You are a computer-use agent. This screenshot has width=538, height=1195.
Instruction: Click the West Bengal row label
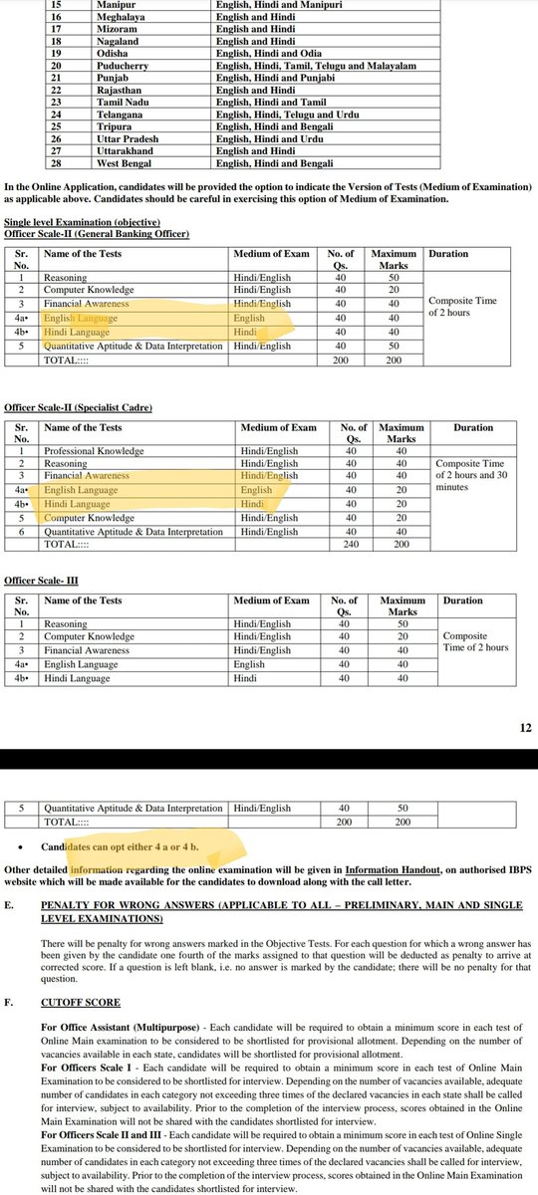[124, 161]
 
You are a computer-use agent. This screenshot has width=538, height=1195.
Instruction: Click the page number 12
[525, 728]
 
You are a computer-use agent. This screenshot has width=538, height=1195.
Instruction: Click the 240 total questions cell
[349, 546]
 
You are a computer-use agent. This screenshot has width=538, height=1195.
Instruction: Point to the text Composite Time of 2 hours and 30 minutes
[472, 476]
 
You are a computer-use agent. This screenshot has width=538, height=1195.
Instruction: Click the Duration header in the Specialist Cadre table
[472, 428]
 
